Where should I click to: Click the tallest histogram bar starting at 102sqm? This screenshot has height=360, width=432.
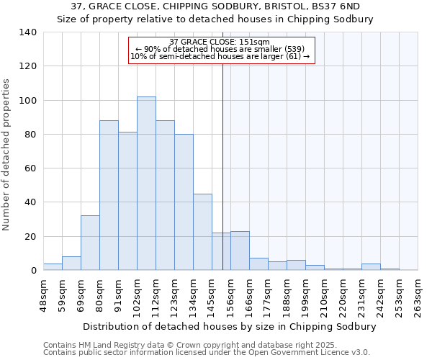pos(146,184)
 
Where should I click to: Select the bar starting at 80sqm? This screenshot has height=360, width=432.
pos(109,195)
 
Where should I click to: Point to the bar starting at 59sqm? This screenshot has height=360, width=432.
pos(71,264)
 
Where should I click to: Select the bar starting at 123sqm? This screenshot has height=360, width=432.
pos(184,202)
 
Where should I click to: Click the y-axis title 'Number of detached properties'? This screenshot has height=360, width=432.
pos(7,156)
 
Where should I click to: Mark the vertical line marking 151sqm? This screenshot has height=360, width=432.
pos(222,166)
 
